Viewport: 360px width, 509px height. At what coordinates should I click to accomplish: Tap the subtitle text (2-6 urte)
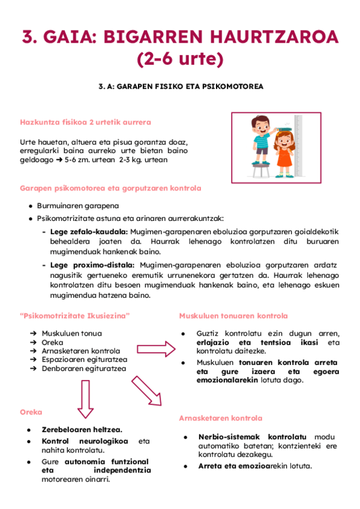pyautogui.click(x=179, y=60)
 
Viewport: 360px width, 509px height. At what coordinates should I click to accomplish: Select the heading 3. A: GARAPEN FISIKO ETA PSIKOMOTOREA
pyautogui.click(x=181, y=86)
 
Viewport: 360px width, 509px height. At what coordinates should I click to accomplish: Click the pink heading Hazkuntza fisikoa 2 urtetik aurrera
pyautogui.click(x=85, y=122)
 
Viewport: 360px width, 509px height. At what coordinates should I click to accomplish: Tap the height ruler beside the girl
pyautogui.click(x=298, y=148)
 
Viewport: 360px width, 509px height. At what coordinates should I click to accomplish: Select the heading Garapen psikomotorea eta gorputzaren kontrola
pyautogui.click(x=110, y=188)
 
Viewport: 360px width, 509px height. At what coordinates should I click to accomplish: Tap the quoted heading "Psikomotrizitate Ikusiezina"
pyautogui.click(x=75, y=316)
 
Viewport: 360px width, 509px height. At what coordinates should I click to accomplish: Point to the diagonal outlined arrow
pyautogui.click(x=147, y=390)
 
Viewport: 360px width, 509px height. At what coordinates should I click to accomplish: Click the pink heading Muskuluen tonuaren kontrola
pyautogui.click(x=233, y=316)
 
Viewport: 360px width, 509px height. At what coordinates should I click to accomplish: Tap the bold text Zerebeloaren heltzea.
pyautogui.click(x=82, y=430)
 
